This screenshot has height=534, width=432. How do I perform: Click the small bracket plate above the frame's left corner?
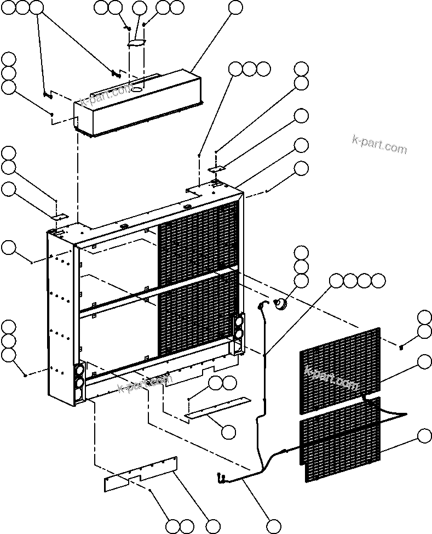59,217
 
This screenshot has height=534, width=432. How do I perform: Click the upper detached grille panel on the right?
339,370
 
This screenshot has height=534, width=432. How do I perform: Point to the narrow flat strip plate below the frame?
216,408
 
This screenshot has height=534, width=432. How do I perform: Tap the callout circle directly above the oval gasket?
140,8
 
